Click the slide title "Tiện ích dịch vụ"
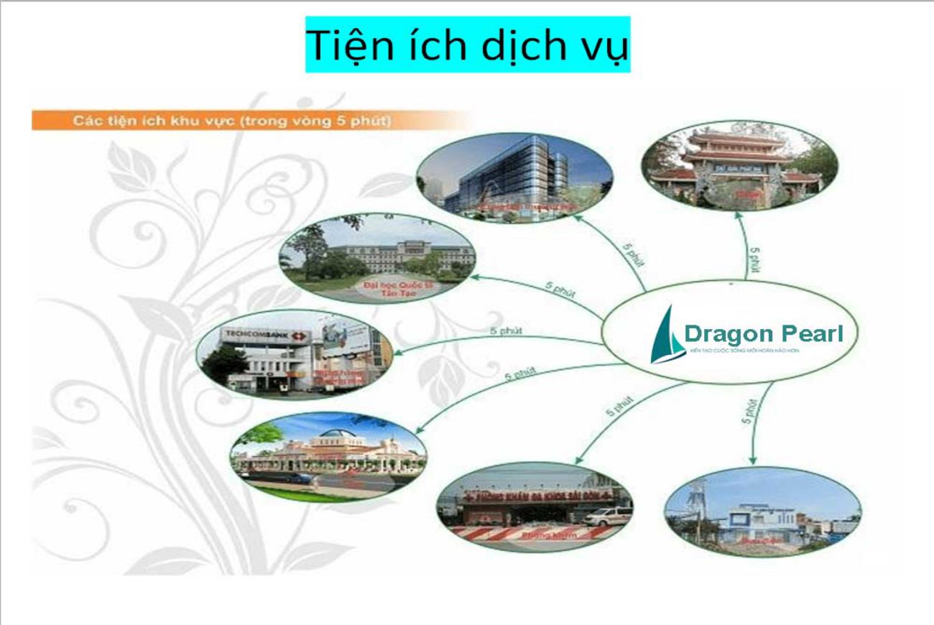[468, 45]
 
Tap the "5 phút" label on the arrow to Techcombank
[506, 331]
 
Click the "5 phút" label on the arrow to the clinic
[619, 405]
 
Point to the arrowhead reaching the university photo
[475, 277]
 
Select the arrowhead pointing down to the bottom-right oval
[753, 460]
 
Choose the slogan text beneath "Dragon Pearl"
[743, 351]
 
